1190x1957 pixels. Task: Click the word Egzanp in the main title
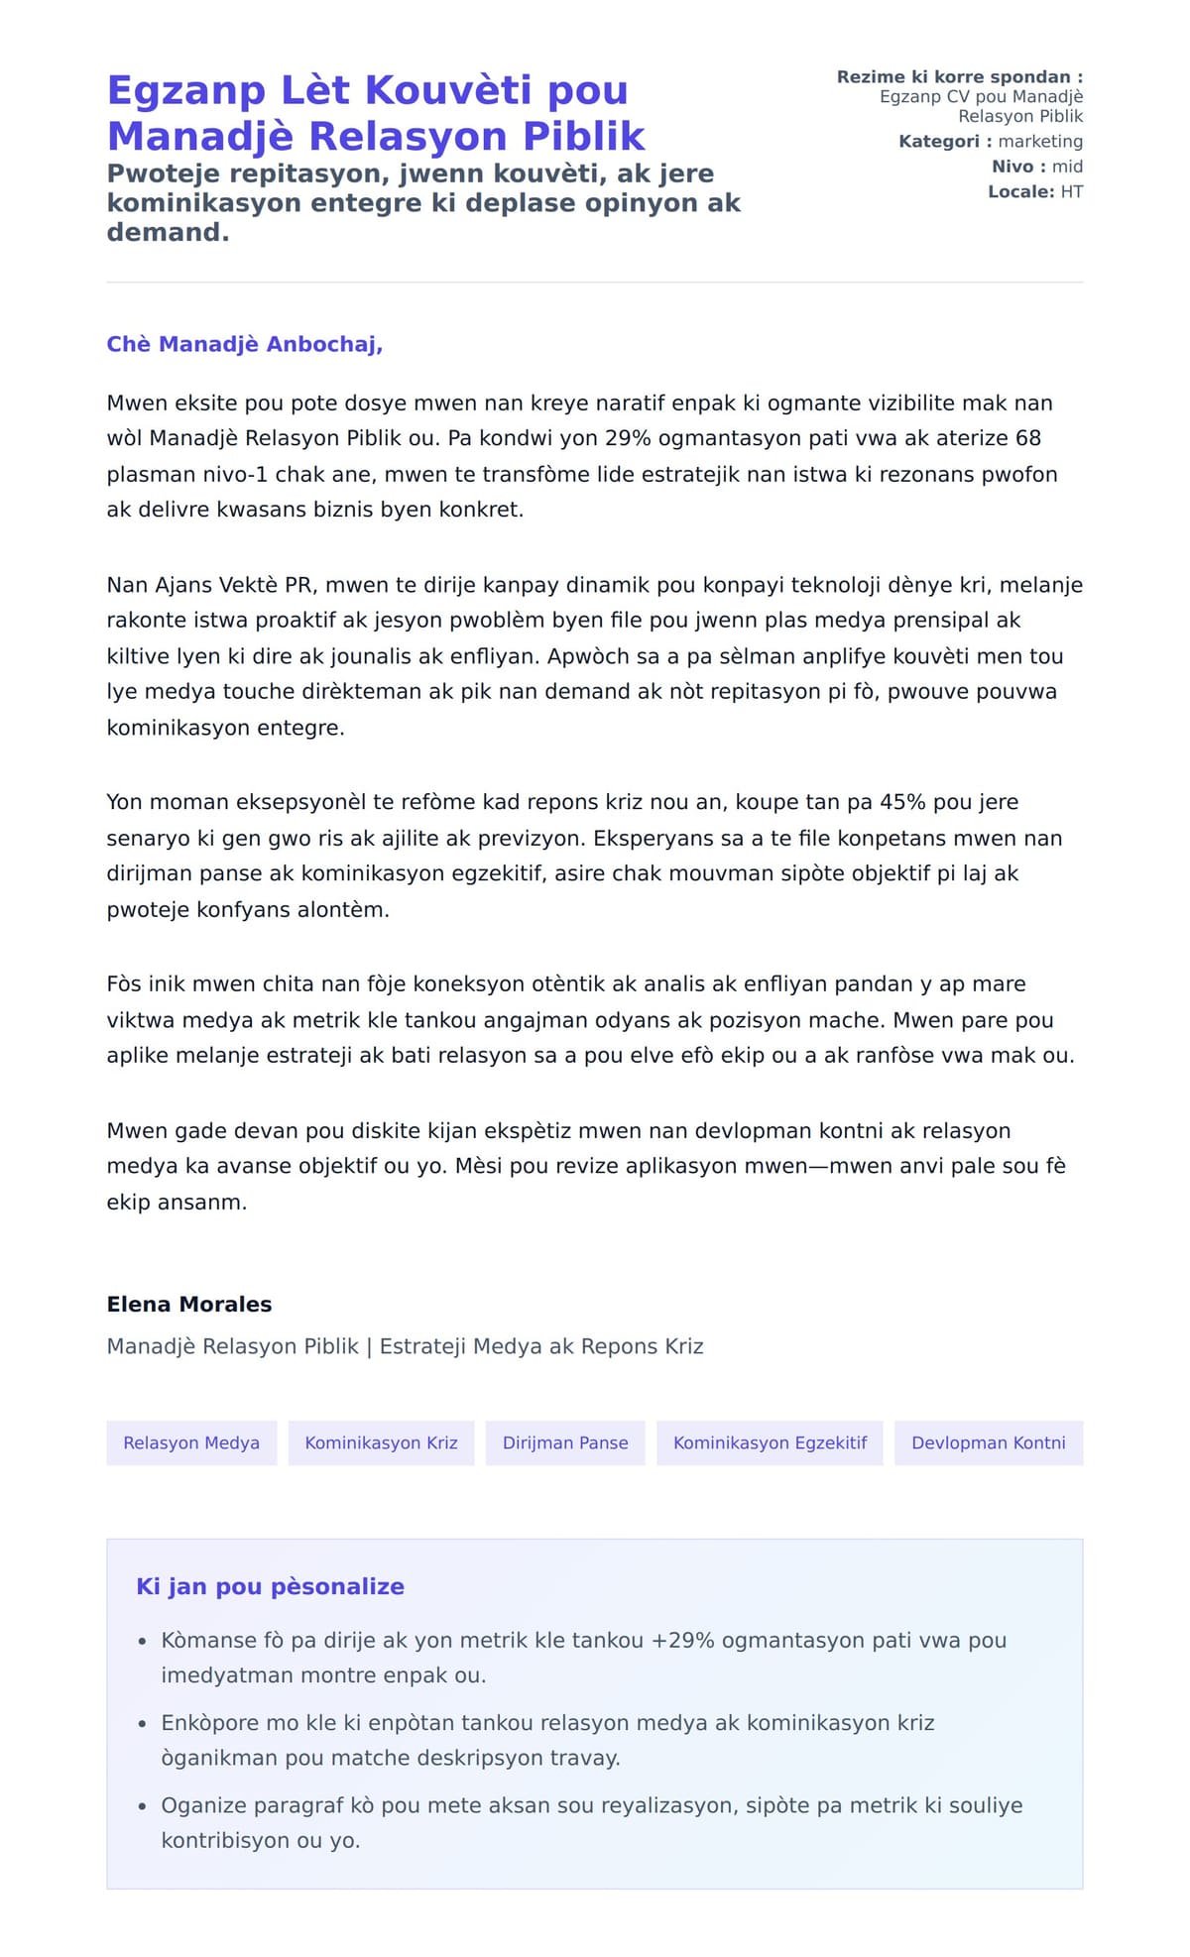point(185,91)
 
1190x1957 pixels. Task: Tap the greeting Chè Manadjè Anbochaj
point(244,344)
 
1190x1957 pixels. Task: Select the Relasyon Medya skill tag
point(191,1442)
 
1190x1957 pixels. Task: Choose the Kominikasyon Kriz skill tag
point(381,1442)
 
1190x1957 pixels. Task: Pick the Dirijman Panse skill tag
point(565,1442)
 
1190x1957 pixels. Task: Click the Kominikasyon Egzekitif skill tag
point(770,1442)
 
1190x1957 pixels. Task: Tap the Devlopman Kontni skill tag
point(988,1442)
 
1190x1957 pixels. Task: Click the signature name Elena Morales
point(189,1304)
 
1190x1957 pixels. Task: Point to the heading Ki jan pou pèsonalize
point(270,1586)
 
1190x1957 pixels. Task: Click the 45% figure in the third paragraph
point(900,802)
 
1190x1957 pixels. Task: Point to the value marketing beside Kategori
point(1040,142)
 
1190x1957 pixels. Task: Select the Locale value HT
point(1071,191)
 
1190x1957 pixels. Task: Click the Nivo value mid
point(1067,167)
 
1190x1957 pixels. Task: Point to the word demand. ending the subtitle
point(168,232)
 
